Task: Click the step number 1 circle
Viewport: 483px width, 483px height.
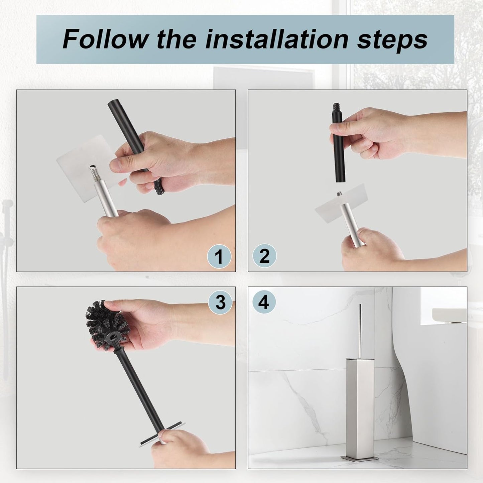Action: (x=219, y=257)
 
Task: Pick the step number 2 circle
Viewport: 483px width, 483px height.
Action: (x=264, y=256)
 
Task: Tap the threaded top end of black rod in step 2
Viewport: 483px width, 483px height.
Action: (x=335, y=111)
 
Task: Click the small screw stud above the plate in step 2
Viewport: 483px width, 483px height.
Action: (x=340, y=194)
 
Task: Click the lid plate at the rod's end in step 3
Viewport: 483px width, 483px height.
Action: (x=160, y=434)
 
